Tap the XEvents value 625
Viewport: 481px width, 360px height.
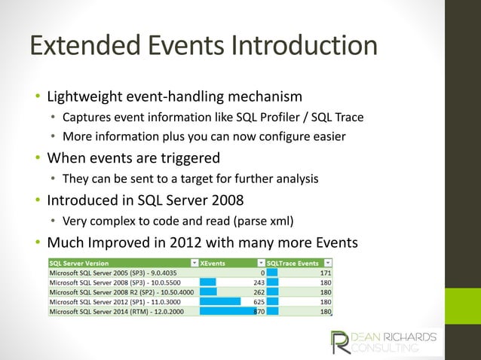[x=256, y=301]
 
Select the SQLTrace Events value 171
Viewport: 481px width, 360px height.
[x=326, y=272]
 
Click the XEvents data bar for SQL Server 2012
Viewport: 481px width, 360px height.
[x=220, y=301]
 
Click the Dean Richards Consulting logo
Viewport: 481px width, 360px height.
[x=385, y=341]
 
